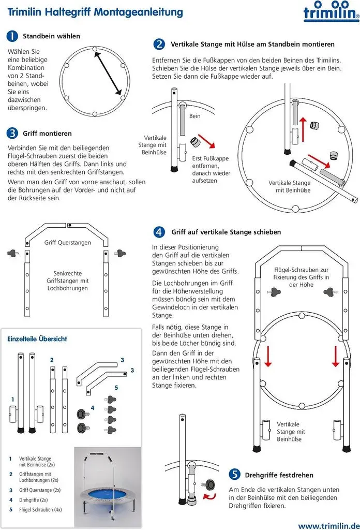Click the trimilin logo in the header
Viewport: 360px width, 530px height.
coord(332,11)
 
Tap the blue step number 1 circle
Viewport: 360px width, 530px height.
coord(12,36)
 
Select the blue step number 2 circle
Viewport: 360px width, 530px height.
coord(159,45)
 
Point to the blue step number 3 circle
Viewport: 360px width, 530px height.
coord(12,133)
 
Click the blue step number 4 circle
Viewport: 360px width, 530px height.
coord(159,232)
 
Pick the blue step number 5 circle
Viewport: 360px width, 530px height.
coord(234,474)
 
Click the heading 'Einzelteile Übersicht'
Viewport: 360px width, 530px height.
coord(37,338)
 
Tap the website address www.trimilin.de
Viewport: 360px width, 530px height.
coord(329,526)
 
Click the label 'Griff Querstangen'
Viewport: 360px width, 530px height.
coord(68,243)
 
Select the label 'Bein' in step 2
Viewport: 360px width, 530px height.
coord(194,116)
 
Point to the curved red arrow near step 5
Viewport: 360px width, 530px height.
coord(209,496)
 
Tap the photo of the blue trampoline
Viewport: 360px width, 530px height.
coord(108,487)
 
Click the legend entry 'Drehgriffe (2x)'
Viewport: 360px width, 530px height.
coord(33,500)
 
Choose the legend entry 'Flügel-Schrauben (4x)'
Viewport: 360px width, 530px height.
coord(40,510)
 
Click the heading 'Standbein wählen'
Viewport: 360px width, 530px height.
coord(51,36)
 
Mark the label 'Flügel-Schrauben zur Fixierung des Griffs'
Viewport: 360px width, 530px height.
coord(301,273)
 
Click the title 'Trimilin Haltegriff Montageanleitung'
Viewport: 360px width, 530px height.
coord(95,12)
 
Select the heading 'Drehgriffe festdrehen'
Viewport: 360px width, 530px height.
coord(279,475)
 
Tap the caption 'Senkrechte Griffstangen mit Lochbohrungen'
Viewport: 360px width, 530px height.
coord(68,281)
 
